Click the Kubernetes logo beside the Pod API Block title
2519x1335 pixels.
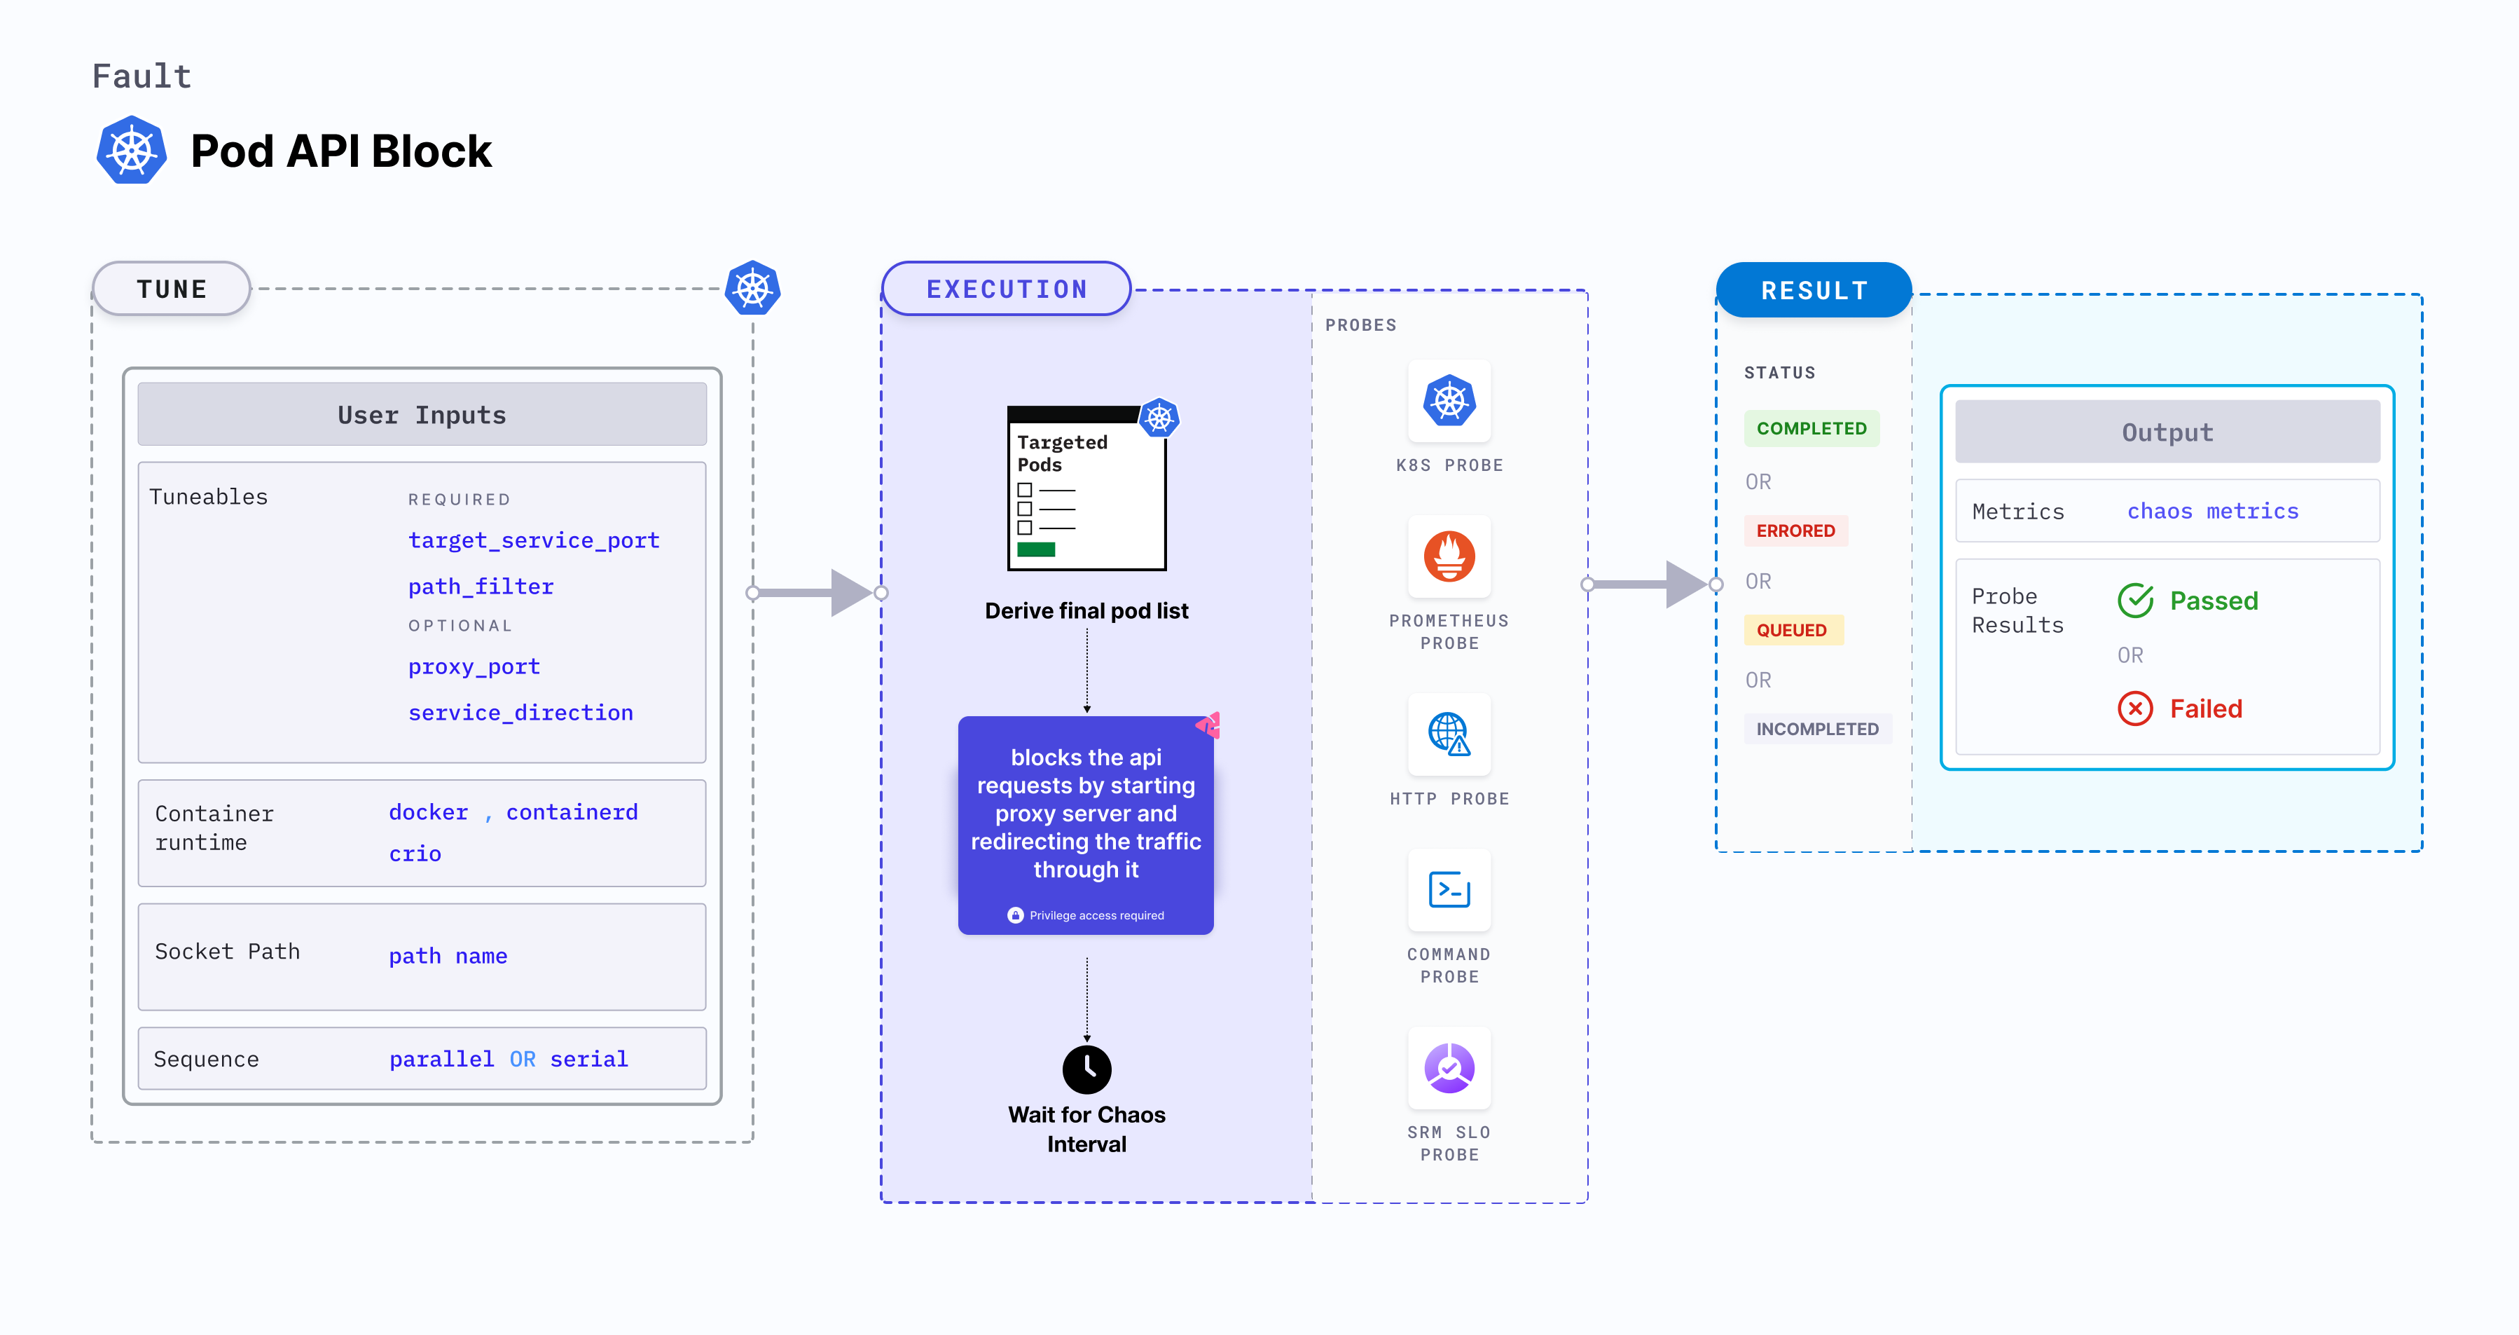[x=132, y=151]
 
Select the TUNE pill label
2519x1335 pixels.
[x=172, y=289]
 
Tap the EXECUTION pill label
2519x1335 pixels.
[x=1006, y=289]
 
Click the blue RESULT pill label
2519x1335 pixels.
[x=1814, y=290]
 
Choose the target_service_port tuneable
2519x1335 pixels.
[x=533, y=541]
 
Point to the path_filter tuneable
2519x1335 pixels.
[x=480, y=587]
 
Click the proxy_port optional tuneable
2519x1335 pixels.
[x=474, y=667]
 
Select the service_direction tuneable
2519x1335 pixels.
[x=520, y=713]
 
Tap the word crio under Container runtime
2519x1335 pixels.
[x=415, y=854]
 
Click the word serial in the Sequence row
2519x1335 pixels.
[x=588, y=1059]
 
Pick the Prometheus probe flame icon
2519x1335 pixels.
[x=1449, y=556]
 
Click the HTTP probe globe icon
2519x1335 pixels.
[x=1449, y=734]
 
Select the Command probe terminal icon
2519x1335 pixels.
[x=1449, y=890]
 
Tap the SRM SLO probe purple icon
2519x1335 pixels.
[x=1449, y=1068]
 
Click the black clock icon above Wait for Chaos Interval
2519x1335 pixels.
[x=1086, y=1069]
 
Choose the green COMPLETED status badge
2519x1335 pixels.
[x=1811, y=428]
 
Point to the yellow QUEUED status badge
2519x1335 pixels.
[x=1791, y=631]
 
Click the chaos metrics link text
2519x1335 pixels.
[x=2212, y=512]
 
